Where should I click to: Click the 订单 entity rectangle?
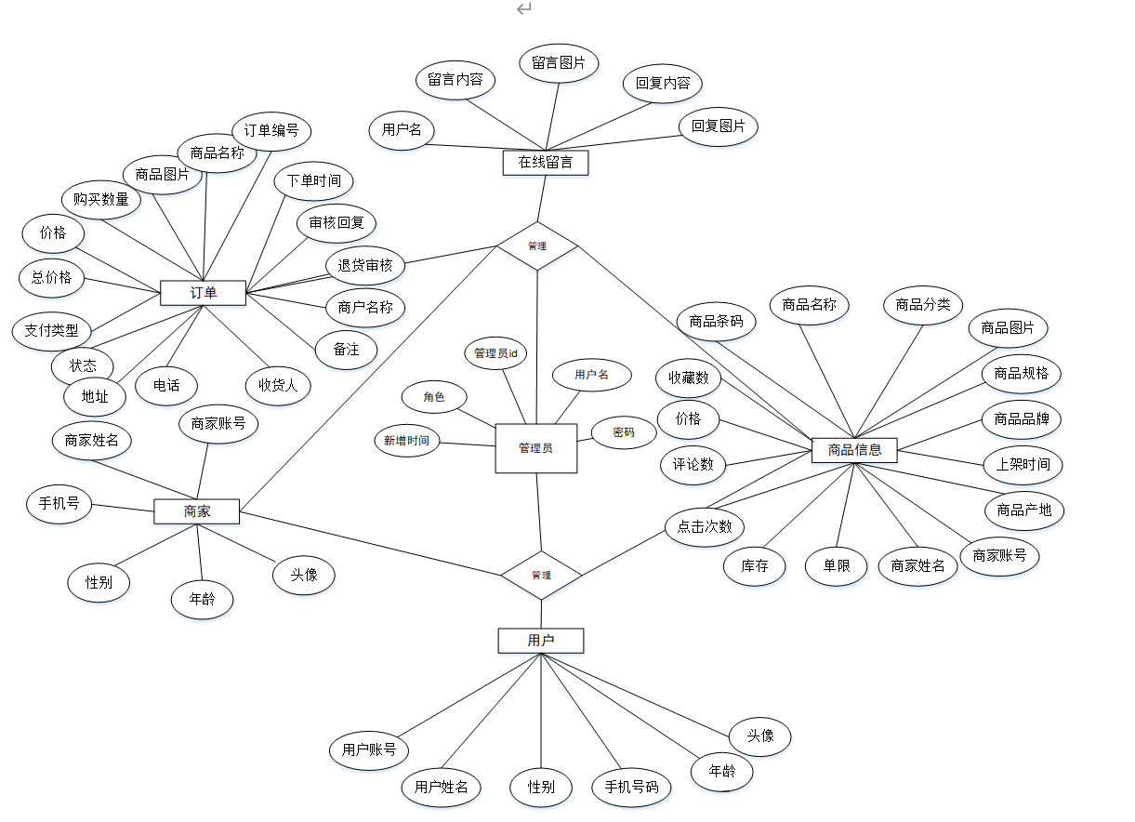203,293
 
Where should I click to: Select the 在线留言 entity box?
546,163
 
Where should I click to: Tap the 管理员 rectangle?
535,448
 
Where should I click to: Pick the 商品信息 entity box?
853,451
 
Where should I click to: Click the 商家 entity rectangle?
196,510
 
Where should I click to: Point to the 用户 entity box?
540,641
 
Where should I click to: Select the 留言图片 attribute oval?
559,63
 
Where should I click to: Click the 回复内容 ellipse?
663,83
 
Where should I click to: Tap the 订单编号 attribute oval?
271,131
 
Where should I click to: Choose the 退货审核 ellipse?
365,265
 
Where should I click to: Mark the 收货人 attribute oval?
278,384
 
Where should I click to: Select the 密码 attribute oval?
624,432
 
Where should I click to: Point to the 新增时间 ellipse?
406,441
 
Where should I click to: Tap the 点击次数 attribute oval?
705,526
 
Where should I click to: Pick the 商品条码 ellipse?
717,322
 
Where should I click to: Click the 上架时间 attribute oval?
1023,464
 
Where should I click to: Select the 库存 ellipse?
755,565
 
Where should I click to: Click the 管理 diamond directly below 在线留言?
537,246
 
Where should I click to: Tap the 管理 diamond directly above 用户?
541,575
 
